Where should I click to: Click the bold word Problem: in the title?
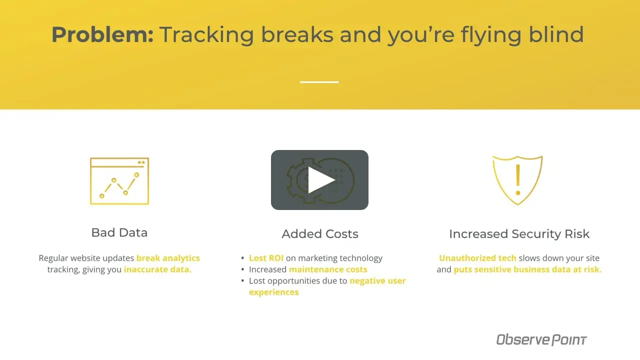[x=102, y=35]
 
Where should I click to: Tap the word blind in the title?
[x=556, y=34]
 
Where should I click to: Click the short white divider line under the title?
[x=319, y=82]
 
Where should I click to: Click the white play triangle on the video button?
[x=321, y=180]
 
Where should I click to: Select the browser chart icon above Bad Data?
[x=119, y=181]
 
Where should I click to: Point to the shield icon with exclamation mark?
[x=517, y=180]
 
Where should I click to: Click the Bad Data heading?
[x=119, y=232]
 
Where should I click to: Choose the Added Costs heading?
[x=319, y=233]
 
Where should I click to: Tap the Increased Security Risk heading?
[x=519, y=233]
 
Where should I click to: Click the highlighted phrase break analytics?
[x=168, y=258]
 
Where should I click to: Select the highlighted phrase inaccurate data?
[x=157, y=269]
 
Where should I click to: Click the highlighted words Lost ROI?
[x=266, y=258]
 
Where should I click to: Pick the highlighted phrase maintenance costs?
[x=328, y=269]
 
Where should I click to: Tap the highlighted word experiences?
[x=273, y=292]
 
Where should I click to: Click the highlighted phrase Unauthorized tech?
[x=477, y=258]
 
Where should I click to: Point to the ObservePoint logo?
[x=541, y=339]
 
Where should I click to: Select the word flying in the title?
[x=491, y=35]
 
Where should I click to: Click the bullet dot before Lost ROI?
[x=242, y=258]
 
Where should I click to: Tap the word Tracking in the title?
[x=207, y=35]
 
